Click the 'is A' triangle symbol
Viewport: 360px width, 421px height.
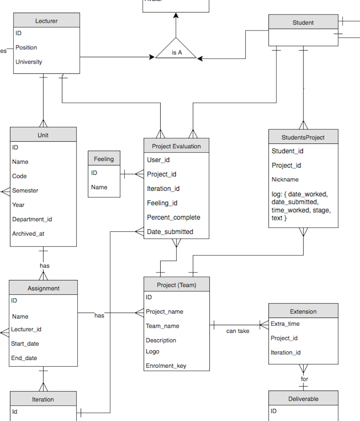pyautogui.click(x=176, y=50)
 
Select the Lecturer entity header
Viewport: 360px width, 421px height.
pyautogui.click(x=46, y=21)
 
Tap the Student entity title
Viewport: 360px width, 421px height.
pyautogui.click(x=303, y=22)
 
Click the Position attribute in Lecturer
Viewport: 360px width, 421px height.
pyautogui.click(x=26, y=47)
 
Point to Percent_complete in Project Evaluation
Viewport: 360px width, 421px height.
pyautogui.click(x=173, y=217)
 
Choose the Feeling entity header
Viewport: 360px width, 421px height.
pyautogui.click(x=104, y=159)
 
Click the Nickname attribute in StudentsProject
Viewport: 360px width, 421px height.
pyautogui.click(x=285, y=179)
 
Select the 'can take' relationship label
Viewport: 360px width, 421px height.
pyautogui.click(x=238, y=331)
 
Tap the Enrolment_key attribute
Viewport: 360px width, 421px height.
pyautogui.click(x=166, y=366)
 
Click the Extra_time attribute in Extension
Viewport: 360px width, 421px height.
pyautogui.click(x=285, y=324)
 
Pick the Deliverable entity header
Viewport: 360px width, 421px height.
pyautogui.click(x=303, y=398)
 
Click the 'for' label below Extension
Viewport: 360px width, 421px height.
pyautogui.click(x=304, y=379)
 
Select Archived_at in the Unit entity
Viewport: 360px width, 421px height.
pyautogui.click(x=28, y=233)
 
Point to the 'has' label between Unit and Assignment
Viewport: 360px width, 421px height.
pyautogui.click(x=44, y=266)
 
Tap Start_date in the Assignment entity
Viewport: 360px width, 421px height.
pyautogui.click(x=25, y=343)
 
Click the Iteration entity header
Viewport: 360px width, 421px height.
pyautogui.click(x=43, y=399)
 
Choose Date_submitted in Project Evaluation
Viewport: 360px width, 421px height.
pyautogui.click(x=170, y=231)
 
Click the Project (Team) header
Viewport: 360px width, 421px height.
pyautogui.click(x=177, y=285)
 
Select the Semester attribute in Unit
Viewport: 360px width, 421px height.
pyautogui.click(x=25, y=190)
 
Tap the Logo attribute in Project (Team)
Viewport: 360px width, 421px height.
pyautogui.click(x=152, y=351)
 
